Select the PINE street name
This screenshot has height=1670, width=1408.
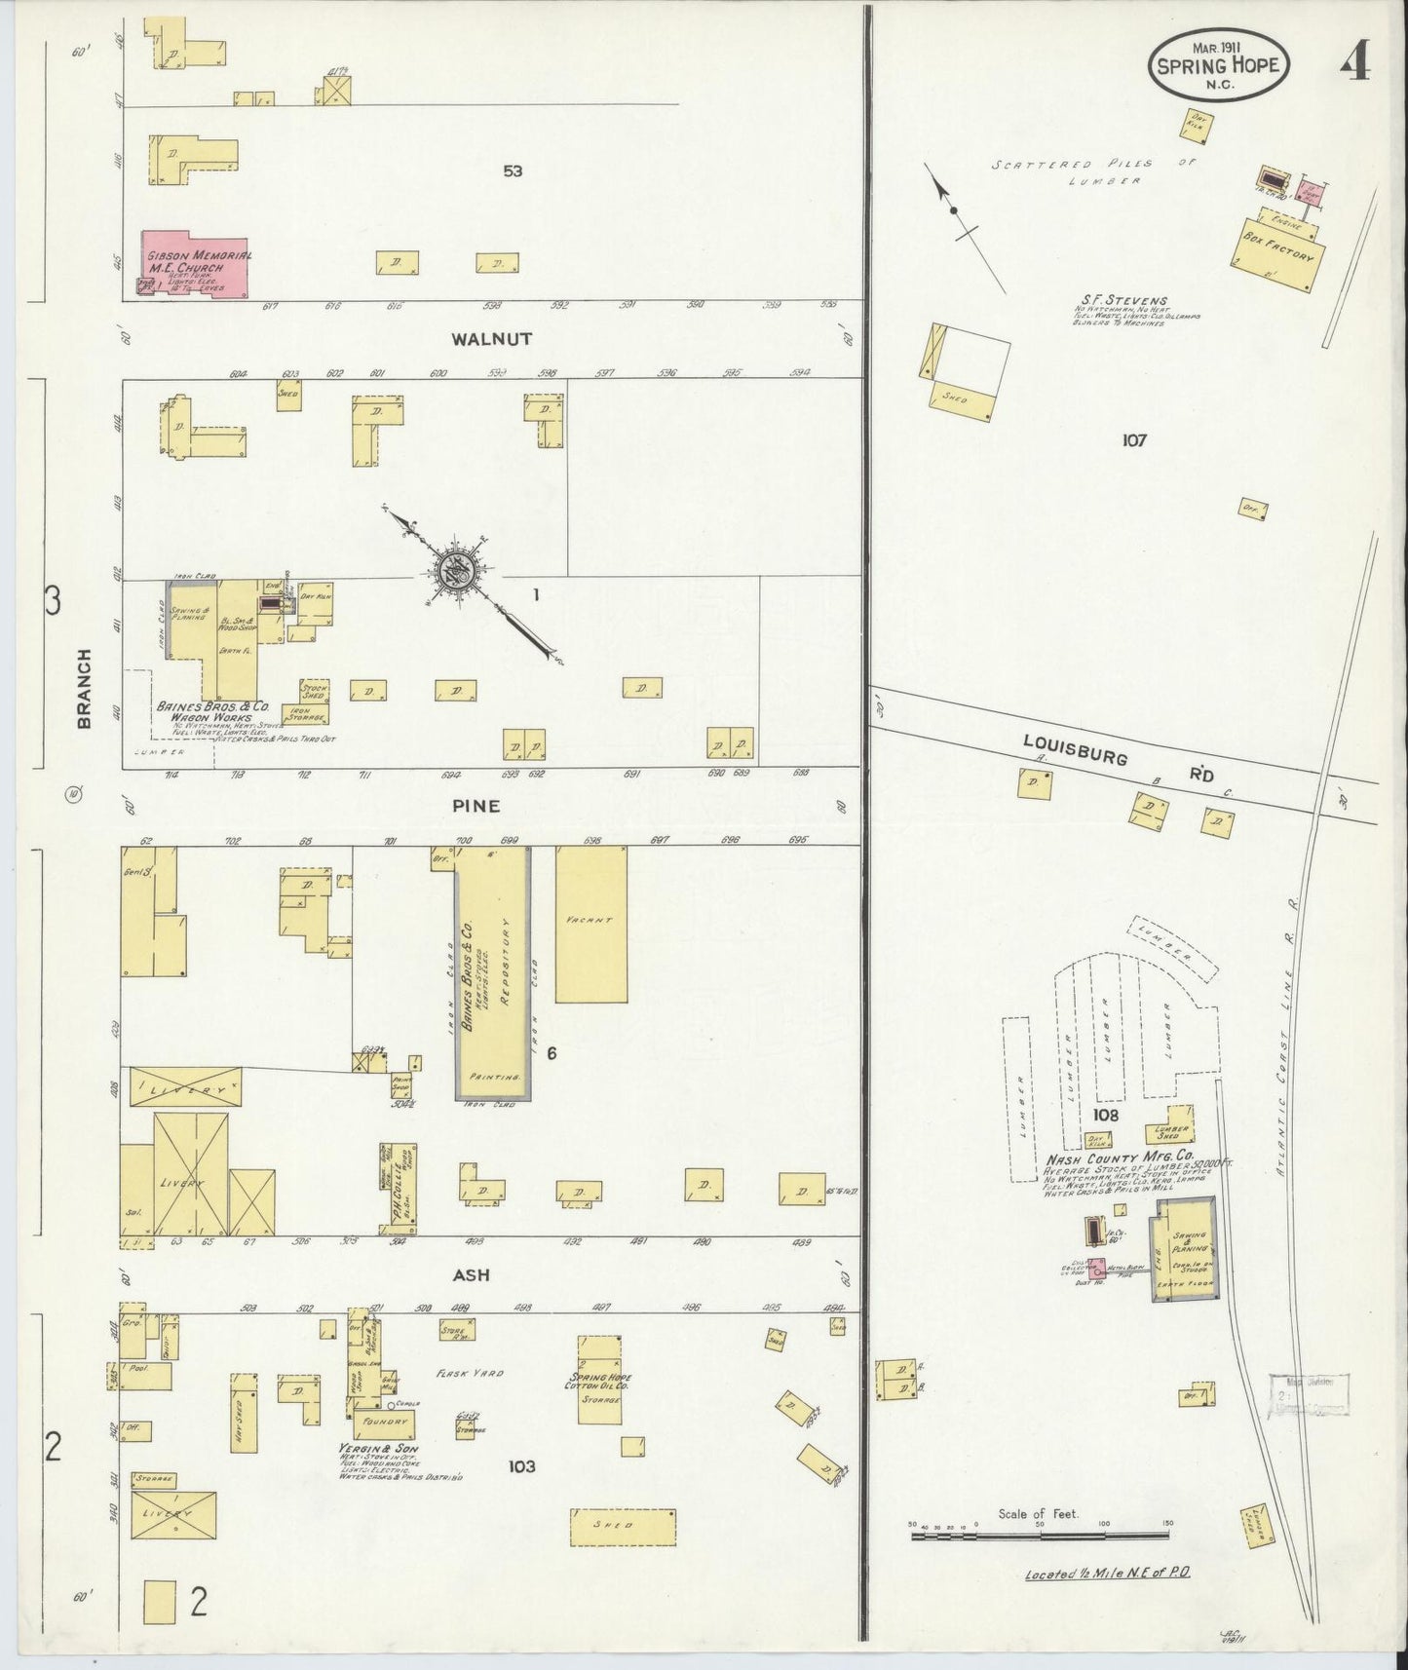click(x=476, y=806)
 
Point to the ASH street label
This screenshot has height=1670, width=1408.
click(x=470, y=1274)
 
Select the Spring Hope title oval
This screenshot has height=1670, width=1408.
click(x=1219, y=64)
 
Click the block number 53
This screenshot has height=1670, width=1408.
click(x=513, y=171)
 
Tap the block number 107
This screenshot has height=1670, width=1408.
click(x=1133, y=439)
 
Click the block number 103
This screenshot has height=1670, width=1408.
click(x=521, y=1465)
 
